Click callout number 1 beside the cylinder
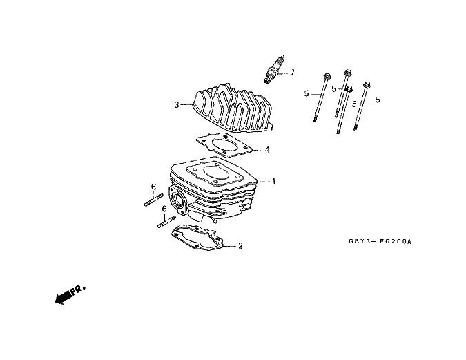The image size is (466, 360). click(x=273, y=182)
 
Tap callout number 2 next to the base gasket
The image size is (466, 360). click(x=240, y=245)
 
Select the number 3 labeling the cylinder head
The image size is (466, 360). click(x=177, y=105)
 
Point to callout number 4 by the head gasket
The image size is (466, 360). click(x=267, y=150)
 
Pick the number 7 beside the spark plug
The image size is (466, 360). click(x=292, y=73)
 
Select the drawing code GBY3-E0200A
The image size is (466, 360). click(x=379, y=242)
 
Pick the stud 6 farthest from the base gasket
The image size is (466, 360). click(x=153, y=201)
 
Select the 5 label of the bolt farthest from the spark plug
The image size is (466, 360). click(x=378, y=100)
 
